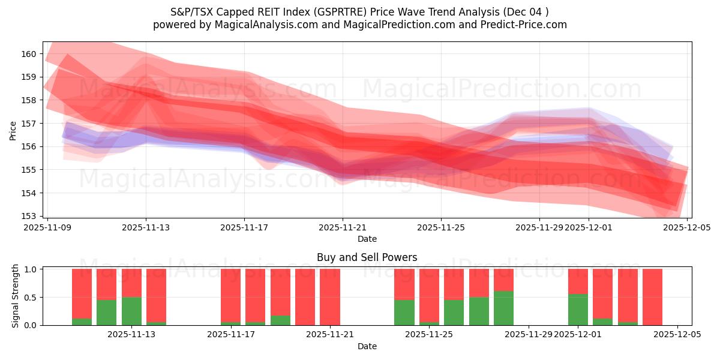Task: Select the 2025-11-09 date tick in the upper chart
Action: click(47, 227)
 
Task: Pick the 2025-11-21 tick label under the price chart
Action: click(343, 227)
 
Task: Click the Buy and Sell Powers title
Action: click(367, 257)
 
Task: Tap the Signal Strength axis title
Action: click(16, 296)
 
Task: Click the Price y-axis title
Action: click(13, 130)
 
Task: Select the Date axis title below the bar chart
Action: click(367, 346)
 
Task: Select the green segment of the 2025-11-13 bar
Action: click(131, 311)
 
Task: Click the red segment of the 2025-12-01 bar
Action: click(578, 281)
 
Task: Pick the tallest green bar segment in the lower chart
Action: click(503, 308)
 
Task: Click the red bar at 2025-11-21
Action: click(330, 297)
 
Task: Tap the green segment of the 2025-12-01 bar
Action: click(578, 310)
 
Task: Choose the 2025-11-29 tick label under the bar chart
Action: click(529, 335)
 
